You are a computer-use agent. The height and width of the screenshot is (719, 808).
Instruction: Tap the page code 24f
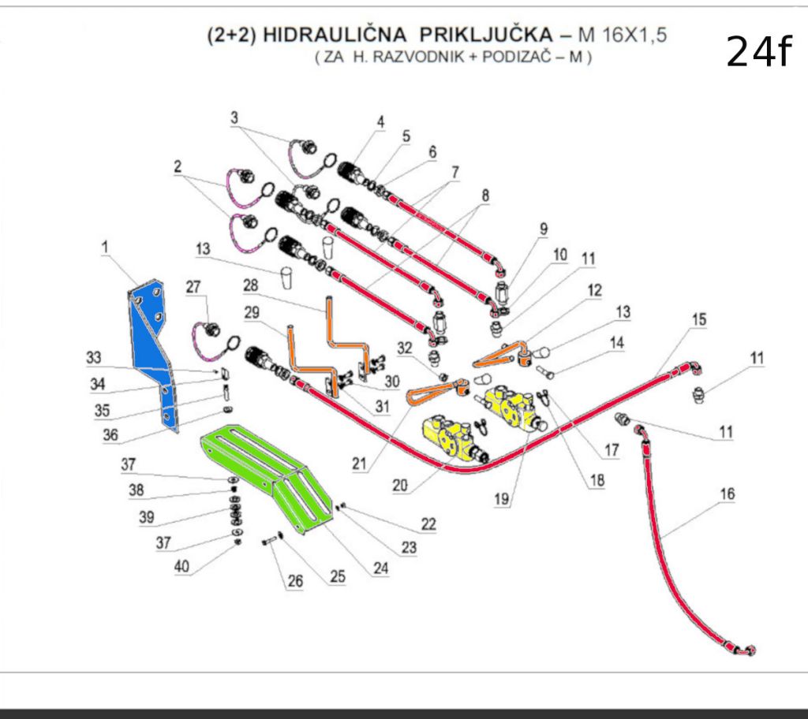click(757, 52)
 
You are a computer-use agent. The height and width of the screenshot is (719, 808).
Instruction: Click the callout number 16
click(727, 494)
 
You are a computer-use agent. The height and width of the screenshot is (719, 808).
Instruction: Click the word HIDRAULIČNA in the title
click(335, 36)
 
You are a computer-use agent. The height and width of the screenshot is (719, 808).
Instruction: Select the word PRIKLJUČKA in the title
click(486, 36)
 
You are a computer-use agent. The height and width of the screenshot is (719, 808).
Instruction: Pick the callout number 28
click(251, 282)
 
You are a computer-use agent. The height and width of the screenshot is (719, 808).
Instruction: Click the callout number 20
click(399, 486)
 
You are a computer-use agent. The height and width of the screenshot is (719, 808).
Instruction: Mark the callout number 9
click(543, 229)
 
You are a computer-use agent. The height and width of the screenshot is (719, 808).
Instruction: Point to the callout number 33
click(95, 357)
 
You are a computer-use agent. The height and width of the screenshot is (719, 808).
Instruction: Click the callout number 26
click(294, 582)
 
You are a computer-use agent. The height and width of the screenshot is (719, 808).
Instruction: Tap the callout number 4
click(380, 122)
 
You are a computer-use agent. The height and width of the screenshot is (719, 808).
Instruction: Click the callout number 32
click(405, 348)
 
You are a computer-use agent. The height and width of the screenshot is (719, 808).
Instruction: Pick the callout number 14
click(615, 343)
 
